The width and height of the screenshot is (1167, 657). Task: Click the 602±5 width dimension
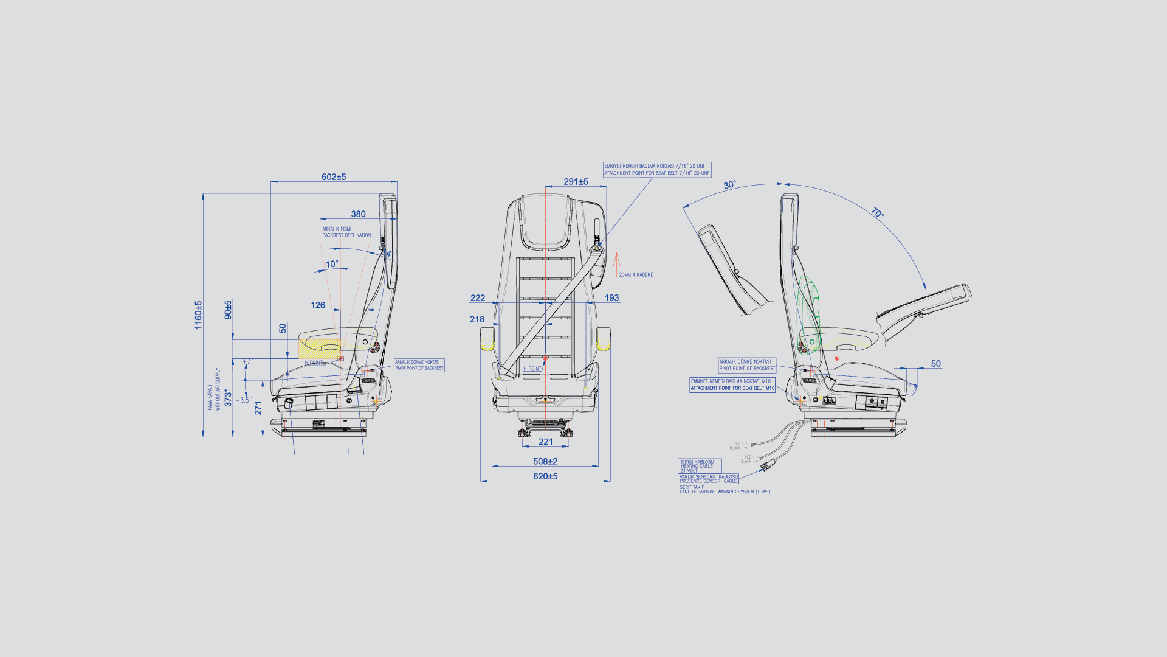[x=334, y=177]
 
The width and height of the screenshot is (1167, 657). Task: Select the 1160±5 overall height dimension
[x=198, y=315]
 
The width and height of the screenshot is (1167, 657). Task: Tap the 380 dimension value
[x=358, y=214]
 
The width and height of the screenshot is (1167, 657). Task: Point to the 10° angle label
[x=332, y=264]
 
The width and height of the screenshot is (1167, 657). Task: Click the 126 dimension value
[x=318, y=305]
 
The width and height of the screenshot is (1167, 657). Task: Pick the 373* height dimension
[x=229, y=398]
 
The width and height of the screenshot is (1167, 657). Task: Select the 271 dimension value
[x=258, y=408]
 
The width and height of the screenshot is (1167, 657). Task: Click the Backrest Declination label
[x=346, y=232]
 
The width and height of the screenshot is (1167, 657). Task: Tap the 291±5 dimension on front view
[x=576, y=182]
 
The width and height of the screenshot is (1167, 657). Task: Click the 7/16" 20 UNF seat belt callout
[x=656, y=170]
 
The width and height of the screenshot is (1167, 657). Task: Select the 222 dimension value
[x=478, y=298]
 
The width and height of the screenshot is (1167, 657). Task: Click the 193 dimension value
[x=611, y=298]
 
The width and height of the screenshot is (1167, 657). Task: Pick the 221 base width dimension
[x=546, y=442]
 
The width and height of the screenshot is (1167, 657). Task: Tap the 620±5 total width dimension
[x=545, y=476]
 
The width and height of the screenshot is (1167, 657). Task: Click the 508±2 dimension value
[x=545, y=462]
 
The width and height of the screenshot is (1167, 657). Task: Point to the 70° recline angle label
[x=877, y=213]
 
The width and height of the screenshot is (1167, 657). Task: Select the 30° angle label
[x=729, y=185]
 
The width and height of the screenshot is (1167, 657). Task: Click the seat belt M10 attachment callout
[x=732, y=385]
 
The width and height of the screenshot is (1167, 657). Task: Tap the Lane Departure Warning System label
[x=725, y=490]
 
